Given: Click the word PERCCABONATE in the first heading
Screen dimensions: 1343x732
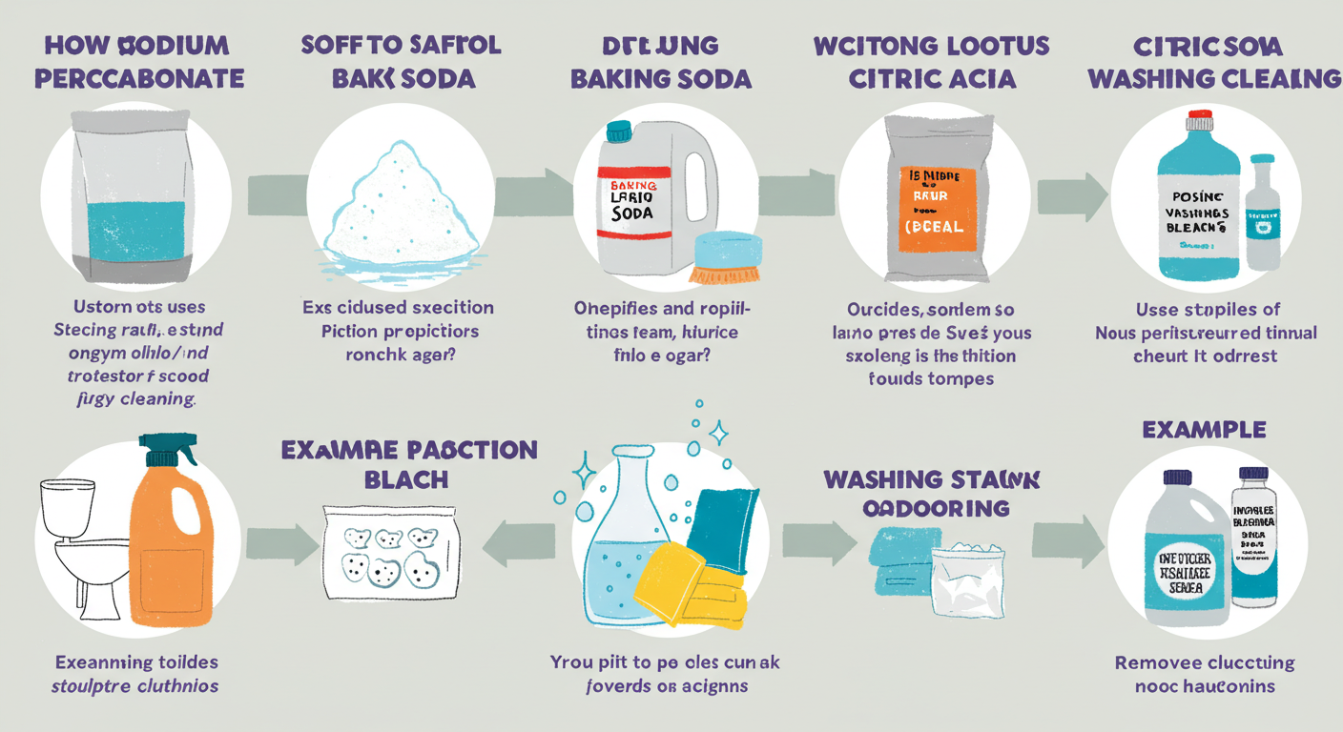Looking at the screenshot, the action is (x=139, y=78).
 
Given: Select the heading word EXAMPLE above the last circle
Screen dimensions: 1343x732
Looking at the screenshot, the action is (x=1203, y=430).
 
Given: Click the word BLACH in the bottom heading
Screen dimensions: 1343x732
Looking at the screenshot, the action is (x=408, y=480).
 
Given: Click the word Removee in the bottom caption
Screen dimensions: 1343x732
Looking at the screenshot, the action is (x=1156, y=662).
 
